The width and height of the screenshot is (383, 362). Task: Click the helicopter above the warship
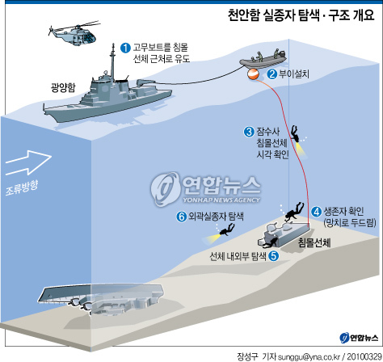pyautogui.click(x=74, y=35)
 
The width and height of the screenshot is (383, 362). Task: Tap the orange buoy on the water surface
pyautogui.click(x=253, y=74)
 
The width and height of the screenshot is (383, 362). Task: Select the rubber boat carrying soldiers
pyautogui.click(x=263, y=59)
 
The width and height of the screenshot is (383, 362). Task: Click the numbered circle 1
pyautogui.click(x=125, y=48)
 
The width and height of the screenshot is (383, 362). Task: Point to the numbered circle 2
pyautogui.click(x=272, y=74)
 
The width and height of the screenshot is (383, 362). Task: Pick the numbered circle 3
pyautogui.click(x=249, y=132)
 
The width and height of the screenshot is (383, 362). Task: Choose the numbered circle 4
pyautogui.click(x=317, y=212)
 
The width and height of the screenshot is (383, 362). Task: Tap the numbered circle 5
pyautogui.click(x=273, y=255)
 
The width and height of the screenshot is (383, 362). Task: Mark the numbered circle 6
pyautogui.click(x=182, y=217)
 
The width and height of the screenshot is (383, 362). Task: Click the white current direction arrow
pyautogui.click(x=28, y=162)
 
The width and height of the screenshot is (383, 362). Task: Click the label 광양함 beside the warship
pyautogui.click(x=63, y=88)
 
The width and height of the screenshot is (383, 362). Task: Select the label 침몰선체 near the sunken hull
pyautogui.click(x=314, y=242)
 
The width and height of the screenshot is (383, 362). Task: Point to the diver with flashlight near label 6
pyautogui.click(x=227, y=229)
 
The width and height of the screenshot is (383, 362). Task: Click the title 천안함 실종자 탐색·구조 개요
pyautogui.click(x=301, y=15)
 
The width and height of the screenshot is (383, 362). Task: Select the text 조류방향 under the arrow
pyautogui.click(x=22, y=187)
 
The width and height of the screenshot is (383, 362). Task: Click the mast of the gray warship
pyautogui.click(x=112, y=62)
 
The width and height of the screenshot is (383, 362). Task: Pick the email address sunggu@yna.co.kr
pyautogui.click(x=309, y=357)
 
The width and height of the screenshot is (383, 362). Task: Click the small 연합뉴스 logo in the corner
pyautogui.click(x=359, y=338)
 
